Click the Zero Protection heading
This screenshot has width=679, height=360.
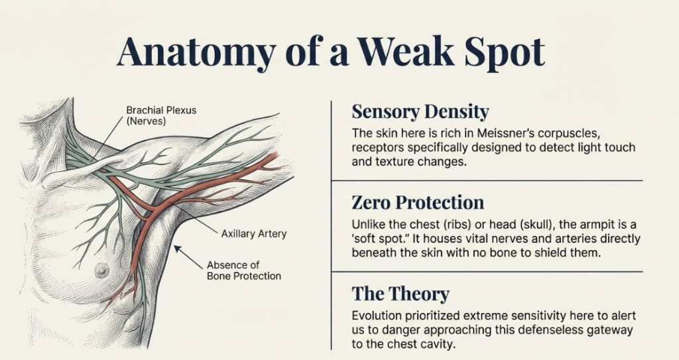point(418,202)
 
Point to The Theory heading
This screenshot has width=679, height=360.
point(401,293)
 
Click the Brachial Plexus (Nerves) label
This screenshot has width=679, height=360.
point(161,115)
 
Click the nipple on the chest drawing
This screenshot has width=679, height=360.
point(101,270)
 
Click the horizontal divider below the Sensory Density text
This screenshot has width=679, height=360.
point(486,180)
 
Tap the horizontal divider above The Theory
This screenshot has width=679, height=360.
point(486,272)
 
